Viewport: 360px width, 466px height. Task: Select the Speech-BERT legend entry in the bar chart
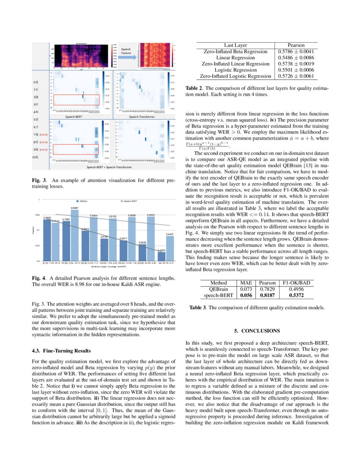130,201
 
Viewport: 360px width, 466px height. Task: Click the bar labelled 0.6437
169,248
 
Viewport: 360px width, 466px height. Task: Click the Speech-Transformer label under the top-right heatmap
141,116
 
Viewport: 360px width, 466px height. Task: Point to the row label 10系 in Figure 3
37,157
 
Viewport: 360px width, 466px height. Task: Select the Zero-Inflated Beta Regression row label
235,51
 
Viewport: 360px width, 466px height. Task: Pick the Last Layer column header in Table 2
235,45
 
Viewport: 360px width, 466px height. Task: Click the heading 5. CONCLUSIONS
257,330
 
